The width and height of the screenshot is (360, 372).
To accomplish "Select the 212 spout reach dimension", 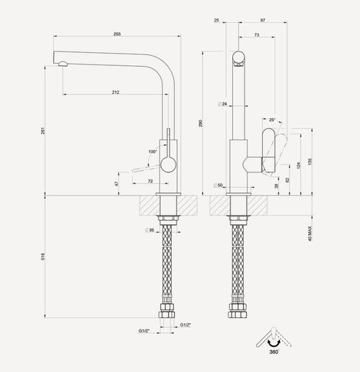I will tap(116, 92).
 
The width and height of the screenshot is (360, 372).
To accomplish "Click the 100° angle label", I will tap(152, 151).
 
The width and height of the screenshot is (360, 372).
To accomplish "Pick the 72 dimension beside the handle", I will tap(150, 180).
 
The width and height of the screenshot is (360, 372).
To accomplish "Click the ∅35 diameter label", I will tap(151, 230).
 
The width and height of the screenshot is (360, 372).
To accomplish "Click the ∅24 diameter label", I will tap(223, 104).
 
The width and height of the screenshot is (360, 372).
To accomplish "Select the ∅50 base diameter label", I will tap(218, 185).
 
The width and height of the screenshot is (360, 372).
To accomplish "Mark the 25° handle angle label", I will tap(273, 119).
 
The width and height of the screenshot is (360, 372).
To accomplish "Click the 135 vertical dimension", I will tap(310, 161).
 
